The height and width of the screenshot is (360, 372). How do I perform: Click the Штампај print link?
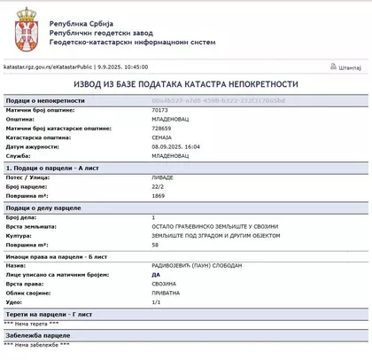[x=346, y=66]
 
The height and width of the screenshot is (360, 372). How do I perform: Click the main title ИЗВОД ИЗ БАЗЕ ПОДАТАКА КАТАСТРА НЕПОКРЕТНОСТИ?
[x=186, y=83]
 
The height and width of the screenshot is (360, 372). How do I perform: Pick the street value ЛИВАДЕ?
[x=163, y=176]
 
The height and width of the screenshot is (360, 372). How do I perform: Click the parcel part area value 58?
[x=155, y=246]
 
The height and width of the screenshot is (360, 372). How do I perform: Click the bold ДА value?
[x=157, y=276]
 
